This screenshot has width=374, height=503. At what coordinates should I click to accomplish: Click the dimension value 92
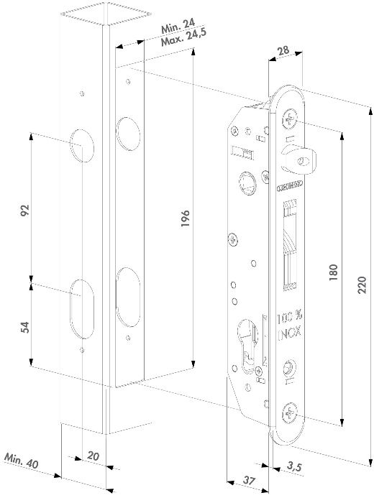[23, 211]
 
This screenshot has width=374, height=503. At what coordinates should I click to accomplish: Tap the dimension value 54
[23, 326]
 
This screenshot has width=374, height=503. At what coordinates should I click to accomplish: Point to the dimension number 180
[333, 274]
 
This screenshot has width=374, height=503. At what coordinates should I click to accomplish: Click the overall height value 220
[362, 287]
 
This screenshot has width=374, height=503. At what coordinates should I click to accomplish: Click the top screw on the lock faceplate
[293, 114]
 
